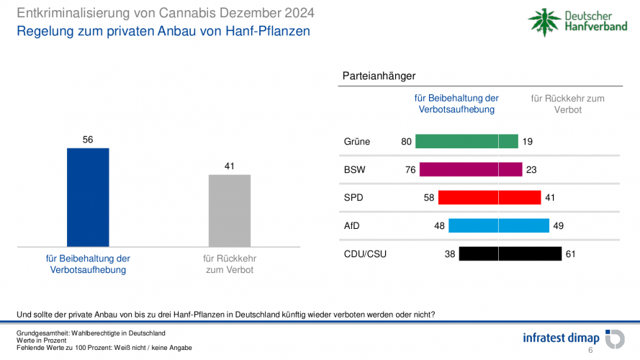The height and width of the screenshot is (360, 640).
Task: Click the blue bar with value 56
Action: click(x=88, y=197)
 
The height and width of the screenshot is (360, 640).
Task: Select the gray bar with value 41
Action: click(x=230, y=210)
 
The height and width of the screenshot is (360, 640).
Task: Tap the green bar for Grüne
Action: click(x=467, y=141)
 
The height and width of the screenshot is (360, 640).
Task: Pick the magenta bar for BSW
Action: click(x=471, y=169)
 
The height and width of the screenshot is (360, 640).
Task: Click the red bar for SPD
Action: click(x=489, y=197)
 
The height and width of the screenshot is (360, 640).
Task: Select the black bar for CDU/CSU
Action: click(x=510, y=253)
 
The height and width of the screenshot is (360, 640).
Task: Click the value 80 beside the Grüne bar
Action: click(x=407, y=142)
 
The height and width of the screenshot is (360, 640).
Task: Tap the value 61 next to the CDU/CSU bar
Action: click(x=571, y=254)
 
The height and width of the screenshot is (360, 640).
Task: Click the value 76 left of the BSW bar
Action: click(x=410, y=170)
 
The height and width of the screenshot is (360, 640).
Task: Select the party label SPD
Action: click(x=353, y=198)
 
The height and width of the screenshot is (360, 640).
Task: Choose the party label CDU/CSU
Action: click(x=365, y=254)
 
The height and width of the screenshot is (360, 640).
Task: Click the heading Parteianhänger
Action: click(x=379, y=76)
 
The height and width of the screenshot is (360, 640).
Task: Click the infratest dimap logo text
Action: click(x=561, y=338)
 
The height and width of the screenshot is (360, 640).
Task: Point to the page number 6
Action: click(x=590, y=351)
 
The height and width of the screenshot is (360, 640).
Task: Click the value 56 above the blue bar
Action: click(x=88, y=140)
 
